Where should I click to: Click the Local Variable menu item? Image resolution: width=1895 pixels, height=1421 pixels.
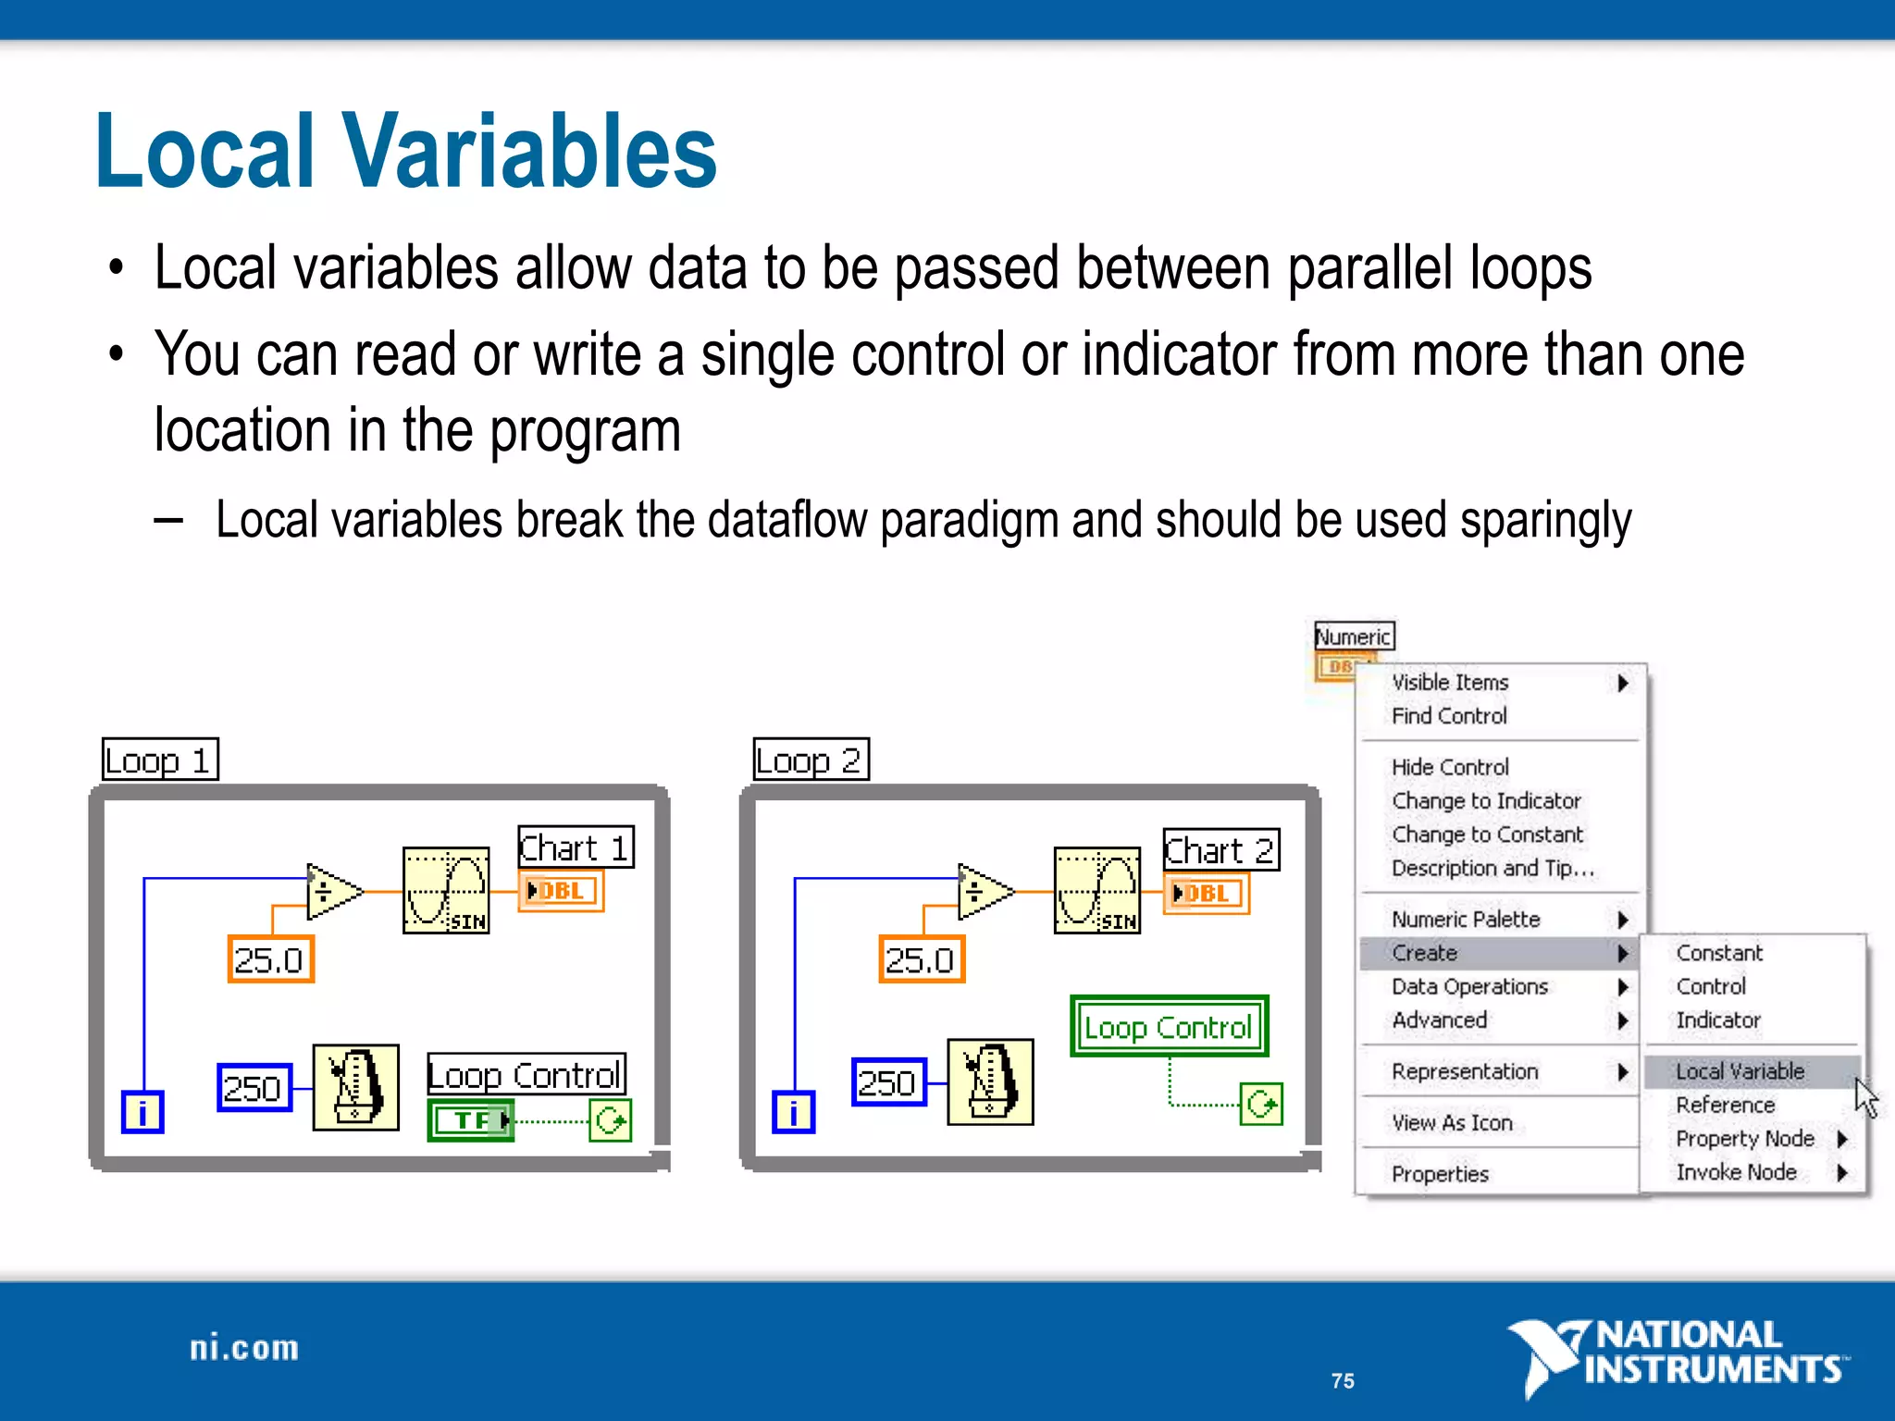click(x=1740, y=1070)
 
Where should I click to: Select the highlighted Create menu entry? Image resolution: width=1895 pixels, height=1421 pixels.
click(x=1425, y=952)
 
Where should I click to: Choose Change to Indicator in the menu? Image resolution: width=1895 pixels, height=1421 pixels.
click(x=1486, y=800)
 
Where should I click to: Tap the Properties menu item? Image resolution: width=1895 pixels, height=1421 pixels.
click(x=1440, y=1173)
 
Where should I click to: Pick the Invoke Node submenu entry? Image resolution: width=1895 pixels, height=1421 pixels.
click(x=1736, y=1171)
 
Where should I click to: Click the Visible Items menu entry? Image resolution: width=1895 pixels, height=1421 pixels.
click(x=1450, y=682)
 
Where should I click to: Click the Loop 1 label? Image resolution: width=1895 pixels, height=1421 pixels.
click(x=159, y=760)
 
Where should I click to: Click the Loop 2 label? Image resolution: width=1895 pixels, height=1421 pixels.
click(x=811, y=760)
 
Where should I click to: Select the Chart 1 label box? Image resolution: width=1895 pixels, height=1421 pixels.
click(x=575, y=846)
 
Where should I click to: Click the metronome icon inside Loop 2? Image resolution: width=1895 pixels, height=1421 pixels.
click(x=990, y=1081)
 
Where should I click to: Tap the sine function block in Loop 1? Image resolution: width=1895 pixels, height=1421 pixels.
click(x=446, y=890)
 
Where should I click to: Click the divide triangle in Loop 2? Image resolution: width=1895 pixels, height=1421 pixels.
click(x=983, y=892)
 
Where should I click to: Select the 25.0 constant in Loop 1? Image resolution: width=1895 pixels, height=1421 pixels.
click(x=270, y=959)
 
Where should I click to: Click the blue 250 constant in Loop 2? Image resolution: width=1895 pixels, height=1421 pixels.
click(x=887, y=1081)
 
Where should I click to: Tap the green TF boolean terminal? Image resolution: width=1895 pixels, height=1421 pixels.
click(x=471, y=1120)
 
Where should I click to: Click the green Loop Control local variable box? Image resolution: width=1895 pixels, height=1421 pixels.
click(x=1169, y=1026)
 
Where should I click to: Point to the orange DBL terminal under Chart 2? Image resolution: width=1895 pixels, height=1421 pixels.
click(x=1206, y=893)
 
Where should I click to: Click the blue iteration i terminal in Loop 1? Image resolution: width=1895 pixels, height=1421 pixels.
click(x=142, y=1112)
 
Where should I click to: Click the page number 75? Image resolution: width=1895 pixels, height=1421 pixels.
click(x=1343, y=1380)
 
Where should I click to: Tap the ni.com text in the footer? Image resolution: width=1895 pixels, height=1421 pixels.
click(x=244, y=1348)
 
